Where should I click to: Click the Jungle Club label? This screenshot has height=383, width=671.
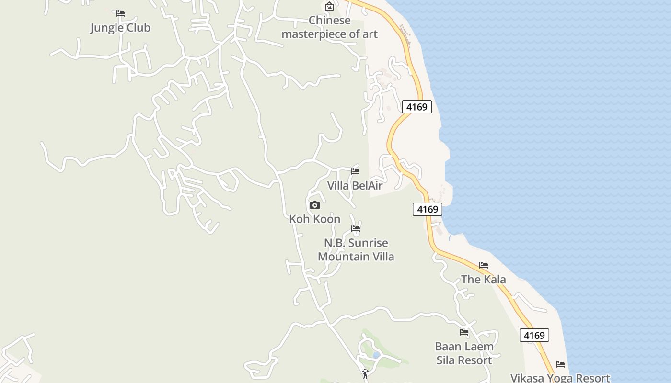pyautogui.click(x=120, y=28)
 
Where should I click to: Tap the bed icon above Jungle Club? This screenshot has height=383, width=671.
pyautogui.click(x=120, y=13)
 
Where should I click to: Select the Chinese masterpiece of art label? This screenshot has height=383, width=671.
pyautogui.click(x=330, y=27)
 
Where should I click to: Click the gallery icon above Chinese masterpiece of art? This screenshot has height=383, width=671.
pyautogui.click(x=329, y=6)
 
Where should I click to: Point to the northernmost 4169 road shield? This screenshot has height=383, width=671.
pyautogui.click(x=416, y=107)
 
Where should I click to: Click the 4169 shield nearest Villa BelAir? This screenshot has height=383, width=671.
pyautogui.click(x=428, y=209)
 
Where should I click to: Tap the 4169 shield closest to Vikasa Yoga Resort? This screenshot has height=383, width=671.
pyautogui.click(x=534, y=335)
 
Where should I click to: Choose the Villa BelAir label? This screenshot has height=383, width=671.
pyautogui.click(x=355, y=185)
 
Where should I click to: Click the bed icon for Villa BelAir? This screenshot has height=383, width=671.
pyautogui.click(x=355, y=171)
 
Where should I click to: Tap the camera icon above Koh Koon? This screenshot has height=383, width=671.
pyautogui.click(x=314, y=205)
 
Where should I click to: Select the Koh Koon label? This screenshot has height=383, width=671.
pyautogui.click(x=314, y=219)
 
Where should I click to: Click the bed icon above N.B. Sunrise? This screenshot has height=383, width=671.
pyautogui.click(x=356, y=229)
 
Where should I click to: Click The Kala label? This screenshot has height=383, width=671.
pyautogui.click(x=483, y=279)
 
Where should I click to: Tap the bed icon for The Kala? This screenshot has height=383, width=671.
pyautogui.click(x=484, y=265)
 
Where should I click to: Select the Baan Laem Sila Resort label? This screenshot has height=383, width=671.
pyautogui.click(x=464, y=353)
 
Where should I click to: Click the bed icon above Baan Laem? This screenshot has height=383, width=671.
pyautogui.click(x=464, y=332)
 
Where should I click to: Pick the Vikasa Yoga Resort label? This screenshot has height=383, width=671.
pyautogui.click(x=560, y=378)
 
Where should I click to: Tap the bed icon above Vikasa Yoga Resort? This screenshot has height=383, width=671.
pyautogui.click(x=560, y=364)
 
